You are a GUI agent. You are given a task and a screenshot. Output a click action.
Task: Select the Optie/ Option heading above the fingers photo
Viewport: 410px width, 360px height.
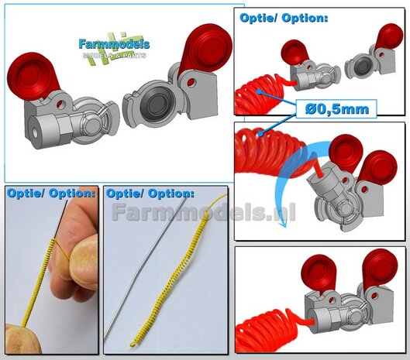point(50,194)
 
